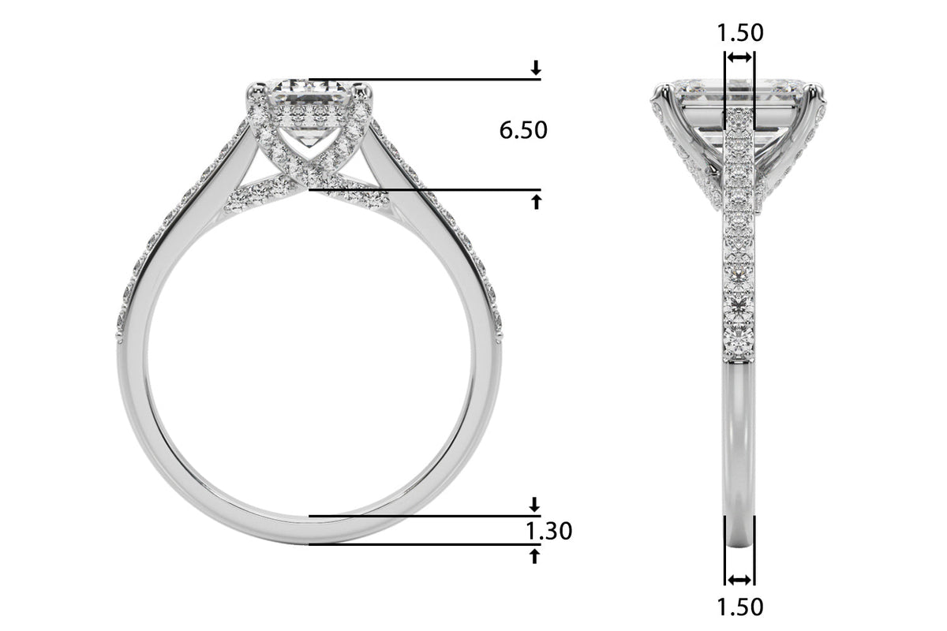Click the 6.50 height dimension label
pos(523,130)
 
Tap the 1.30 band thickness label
pos(548,531)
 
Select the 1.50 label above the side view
pos(740,32)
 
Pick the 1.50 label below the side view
pos(740,607)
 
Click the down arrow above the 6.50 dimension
pos(536,68)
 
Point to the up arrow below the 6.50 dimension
pos(536,202)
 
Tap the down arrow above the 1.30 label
pos(535,504)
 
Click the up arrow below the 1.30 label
pos(535,556)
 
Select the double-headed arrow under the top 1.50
pos(739,58)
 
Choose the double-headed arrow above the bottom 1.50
pos(739,580)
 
